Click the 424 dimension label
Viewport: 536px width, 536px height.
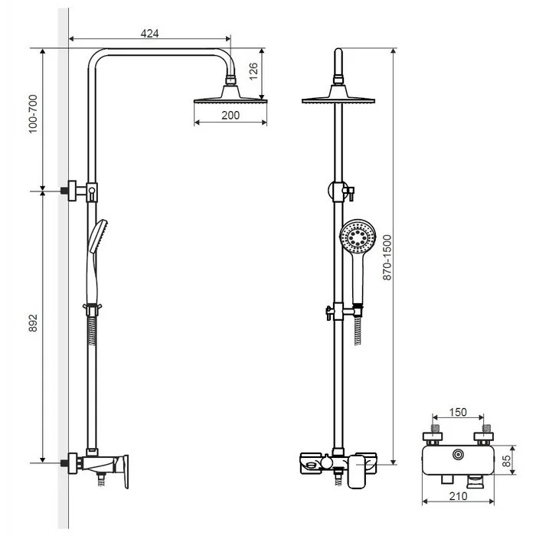click(x=150, y=33)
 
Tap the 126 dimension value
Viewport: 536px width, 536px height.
click(x=253, y=71)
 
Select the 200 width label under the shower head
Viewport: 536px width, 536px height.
click(x=230, y=115)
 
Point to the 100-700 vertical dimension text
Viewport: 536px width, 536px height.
click(x=33, y=114)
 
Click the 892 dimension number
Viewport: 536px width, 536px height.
click(x=33, y=322)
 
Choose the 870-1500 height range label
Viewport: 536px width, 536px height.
click(x=387, y=257)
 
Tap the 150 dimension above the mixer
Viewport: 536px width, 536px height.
click(x=458, y=412)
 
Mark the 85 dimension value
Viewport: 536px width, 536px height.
click(x=506, y=460)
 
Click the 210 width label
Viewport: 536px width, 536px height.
click(x=458, y=496)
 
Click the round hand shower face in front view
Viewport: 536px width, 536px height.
click(x=358, y=237)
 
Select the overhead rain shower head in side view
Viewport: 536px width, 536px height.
click(x=230, y=94)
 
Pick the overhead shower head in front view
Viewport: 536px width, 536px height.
click(x=338, y=94)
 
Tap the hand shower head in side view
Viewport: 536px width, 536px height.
click(x=99, y=236)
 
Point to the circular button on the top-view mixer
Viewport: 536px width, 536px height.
click(x=458, y=455)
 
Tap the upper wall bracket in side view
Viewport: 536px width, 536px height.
click(x=80, y=191)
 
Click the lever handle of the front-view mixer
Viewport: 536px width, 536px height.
click(x=357, y=472)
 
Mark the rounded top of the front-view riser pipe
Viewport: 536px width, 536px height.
click(x=338, y=51)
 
